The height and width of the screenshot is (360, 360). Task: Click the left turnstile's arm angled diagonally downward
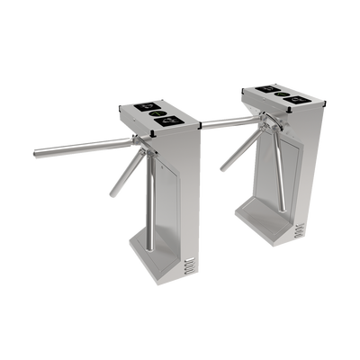119,176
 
